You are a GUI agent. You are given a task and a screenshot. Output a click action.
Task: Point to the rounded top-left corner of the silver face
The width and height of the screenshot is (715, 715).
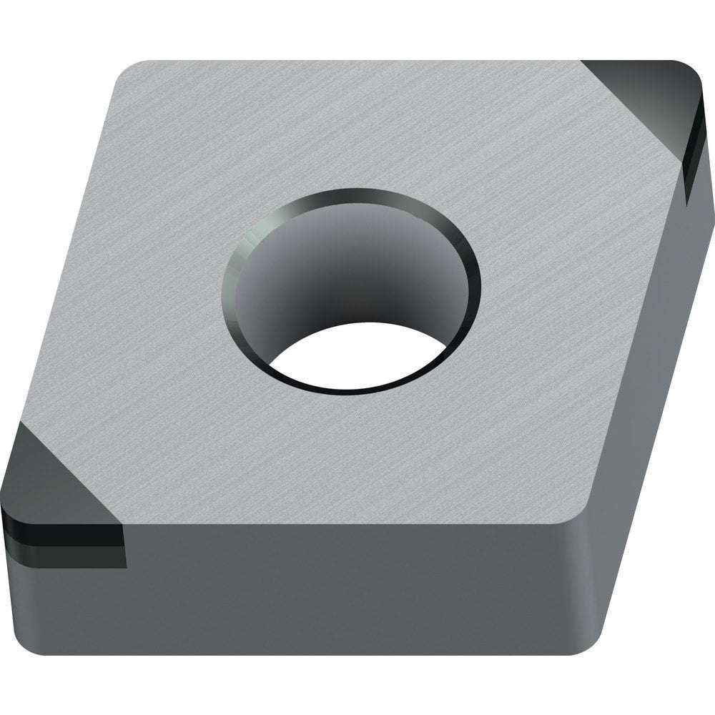click(132, 75)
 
